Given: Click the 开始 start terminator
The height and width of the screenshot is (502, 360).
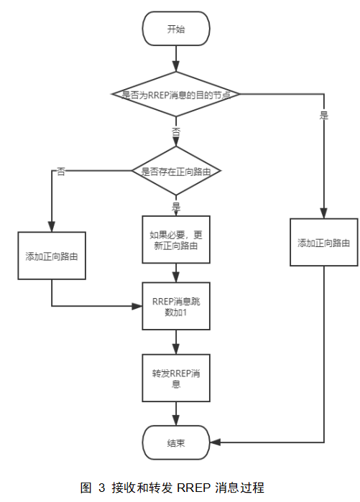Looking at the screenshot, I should click(x=176, y=29).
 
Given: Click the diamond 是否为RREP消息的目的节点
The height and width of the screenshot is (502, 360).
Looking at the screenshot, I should click(x=176, y=94).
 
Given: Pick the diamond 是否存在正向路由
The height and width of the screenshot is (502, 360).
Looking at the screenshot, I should click(x=176, y=171).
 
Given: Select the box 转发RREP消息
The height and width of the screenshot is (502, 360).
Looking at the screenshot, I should click(x=176, y=378).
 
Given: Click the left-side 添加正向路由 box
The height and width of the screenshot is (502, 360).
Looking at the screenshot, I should click(x=52, y=256).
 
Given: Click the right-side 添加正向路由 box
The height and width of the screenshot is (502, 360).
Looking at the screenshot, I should click(x=324, y=243).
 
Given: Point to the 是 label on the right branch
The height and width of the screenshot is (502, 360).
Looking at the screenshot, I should click(x=324, y=115).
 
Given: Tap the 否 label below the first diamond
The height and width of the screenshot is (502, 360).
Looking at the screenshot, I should click(x=176, y=132).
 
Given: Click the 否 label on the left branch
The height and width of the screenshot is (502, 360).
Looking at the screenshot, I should click(x=61, y=172).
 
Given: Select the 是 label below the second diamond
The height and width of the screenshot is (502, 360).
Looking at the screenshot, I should click(x=176, y=206).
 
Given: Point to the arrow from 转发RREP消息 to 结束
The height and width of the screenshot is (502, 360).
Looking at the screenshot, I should click(x=176, y=414).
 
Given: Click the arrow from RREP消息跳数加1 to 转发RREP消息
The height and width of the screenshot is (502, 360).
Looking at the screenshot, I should click(x=176, y=343).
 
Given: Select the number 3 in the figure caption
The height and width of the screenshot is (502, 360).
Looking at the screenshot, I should click(x=101, y=488).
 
